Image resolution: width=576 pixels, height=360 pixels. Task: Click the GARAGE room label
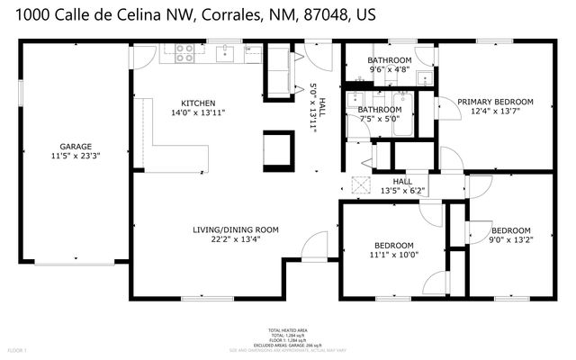pos(76,146)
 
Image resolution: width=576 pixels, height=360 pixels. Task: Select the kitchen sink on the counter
pos(227,53)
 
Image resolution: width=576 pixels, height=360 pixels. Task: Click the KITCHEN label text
pos(198,102)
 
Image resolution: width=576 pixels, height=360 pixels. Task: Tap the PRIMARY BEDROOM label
pos(495,102)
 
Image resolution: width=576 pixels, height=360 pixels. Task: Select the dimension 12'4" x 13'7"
pos(495,112)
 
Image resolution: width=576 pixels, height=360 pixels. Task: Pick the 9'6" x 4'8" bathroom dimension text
pos(390,69)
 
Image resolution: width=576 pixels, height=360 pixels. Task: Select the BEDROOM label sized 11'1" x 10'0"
pos(394,246)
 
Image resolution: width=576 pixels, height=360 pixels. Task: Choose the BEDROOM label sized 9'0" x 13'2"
pos(509,229)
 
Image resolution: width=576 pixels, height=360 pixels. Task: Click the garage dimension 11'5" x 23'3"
pos(76,156)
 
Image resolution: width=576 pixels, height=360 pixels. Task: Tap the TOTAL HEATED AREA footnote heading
pos(288,331)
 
